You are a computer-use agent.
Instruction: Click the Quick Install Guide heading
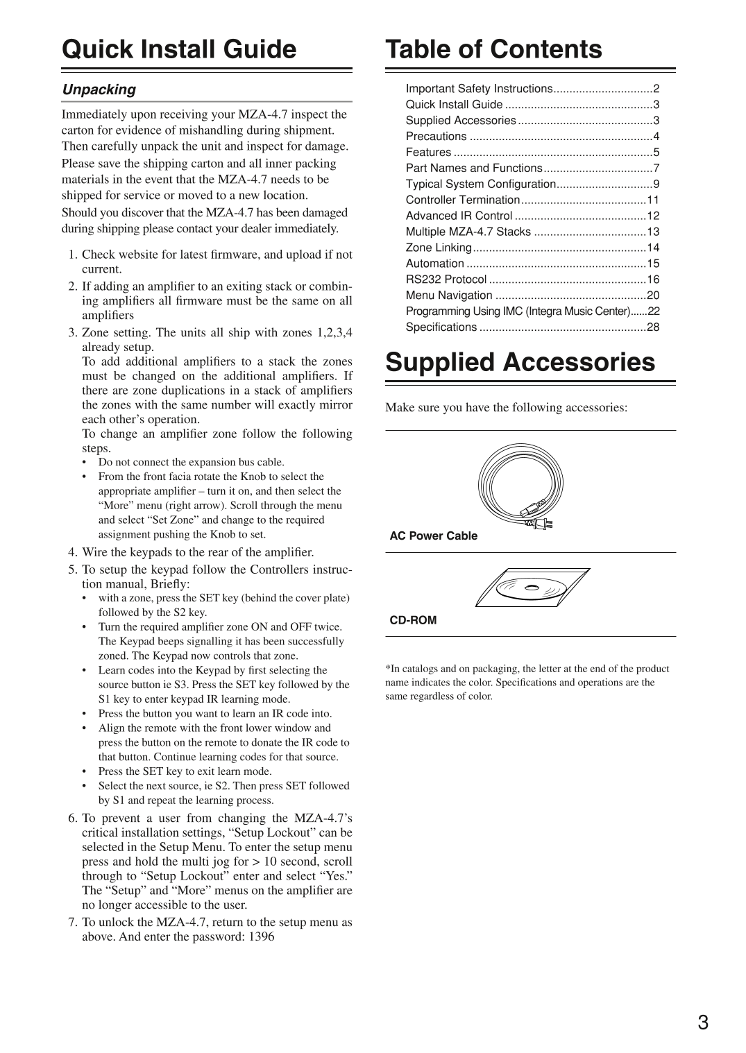pos(179,49)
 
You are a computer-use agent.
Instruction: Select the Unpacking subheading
pos(99,89)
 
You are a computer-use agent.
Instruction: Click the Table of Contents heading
pos(493,49)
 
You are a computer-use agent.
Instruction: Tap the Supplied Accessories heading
pos(520,362)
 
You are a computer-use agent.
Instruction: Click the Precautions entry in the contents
pos(436,137)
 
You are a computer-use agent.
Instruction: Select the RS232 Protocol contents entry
pos(446,280)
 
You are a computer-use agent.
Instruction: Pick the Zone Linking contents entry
pos(439,248)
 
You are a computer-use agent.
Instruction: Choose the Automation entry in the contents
pos(434,264)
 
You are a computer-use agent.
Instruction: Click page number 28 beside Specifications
pos(653,327)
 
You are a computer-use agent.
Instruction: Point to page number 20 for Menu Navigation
pos(653,296)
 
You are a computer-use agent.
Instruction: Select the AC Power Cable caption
pos(433,536)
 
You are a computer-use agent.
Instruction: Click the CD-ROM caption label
pos(413,620)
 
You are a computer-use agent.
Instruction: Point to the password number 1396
pos(261,936)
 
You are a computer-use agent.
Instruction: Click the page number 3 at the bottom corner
pos(703,1022)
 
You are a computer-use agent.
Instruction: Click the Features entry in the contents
pos(428,153)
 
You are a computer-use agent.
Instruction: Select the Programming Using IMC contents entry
pos(518,311)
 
